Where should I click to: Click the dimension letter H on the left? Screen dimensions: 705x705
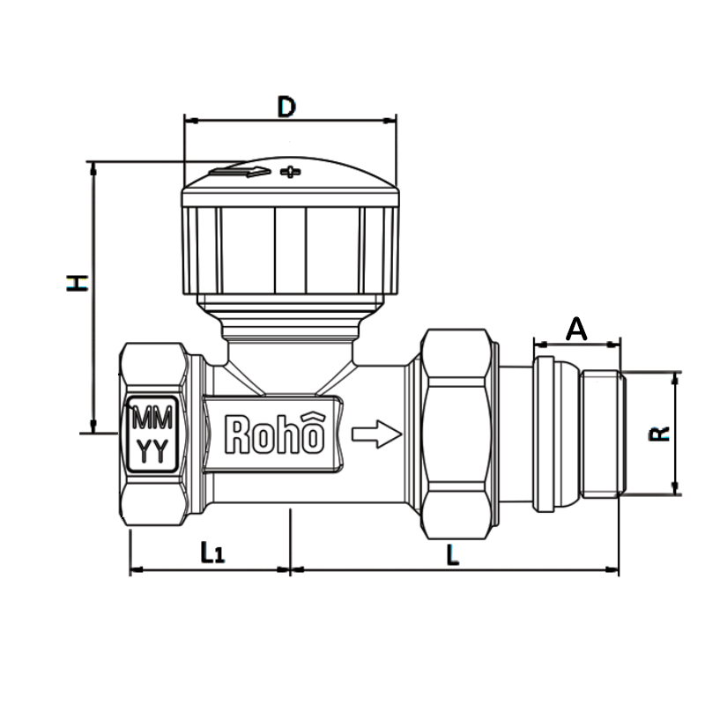[x=78, y=282]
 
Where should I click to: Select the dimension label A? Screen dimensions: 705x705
[x=575, y=330]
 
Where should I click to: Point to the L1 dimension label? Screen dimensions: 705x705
[x=212, y=553]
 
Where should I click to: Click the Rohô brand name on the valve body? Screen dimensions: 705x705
[x=276, y=434]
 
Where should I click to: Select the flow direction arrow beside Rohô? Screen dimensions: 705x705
[x=376, y=434]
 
